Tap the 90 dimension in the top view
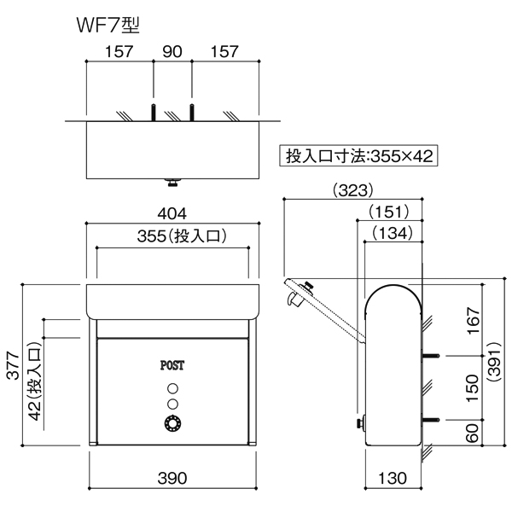tap(172, 52)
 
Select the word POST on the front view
tap(172, 364)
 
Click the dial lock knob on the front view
tap(172, 423)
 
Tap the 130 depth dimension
tap(393, 479)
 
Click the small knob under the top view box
tap(172, 182)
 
